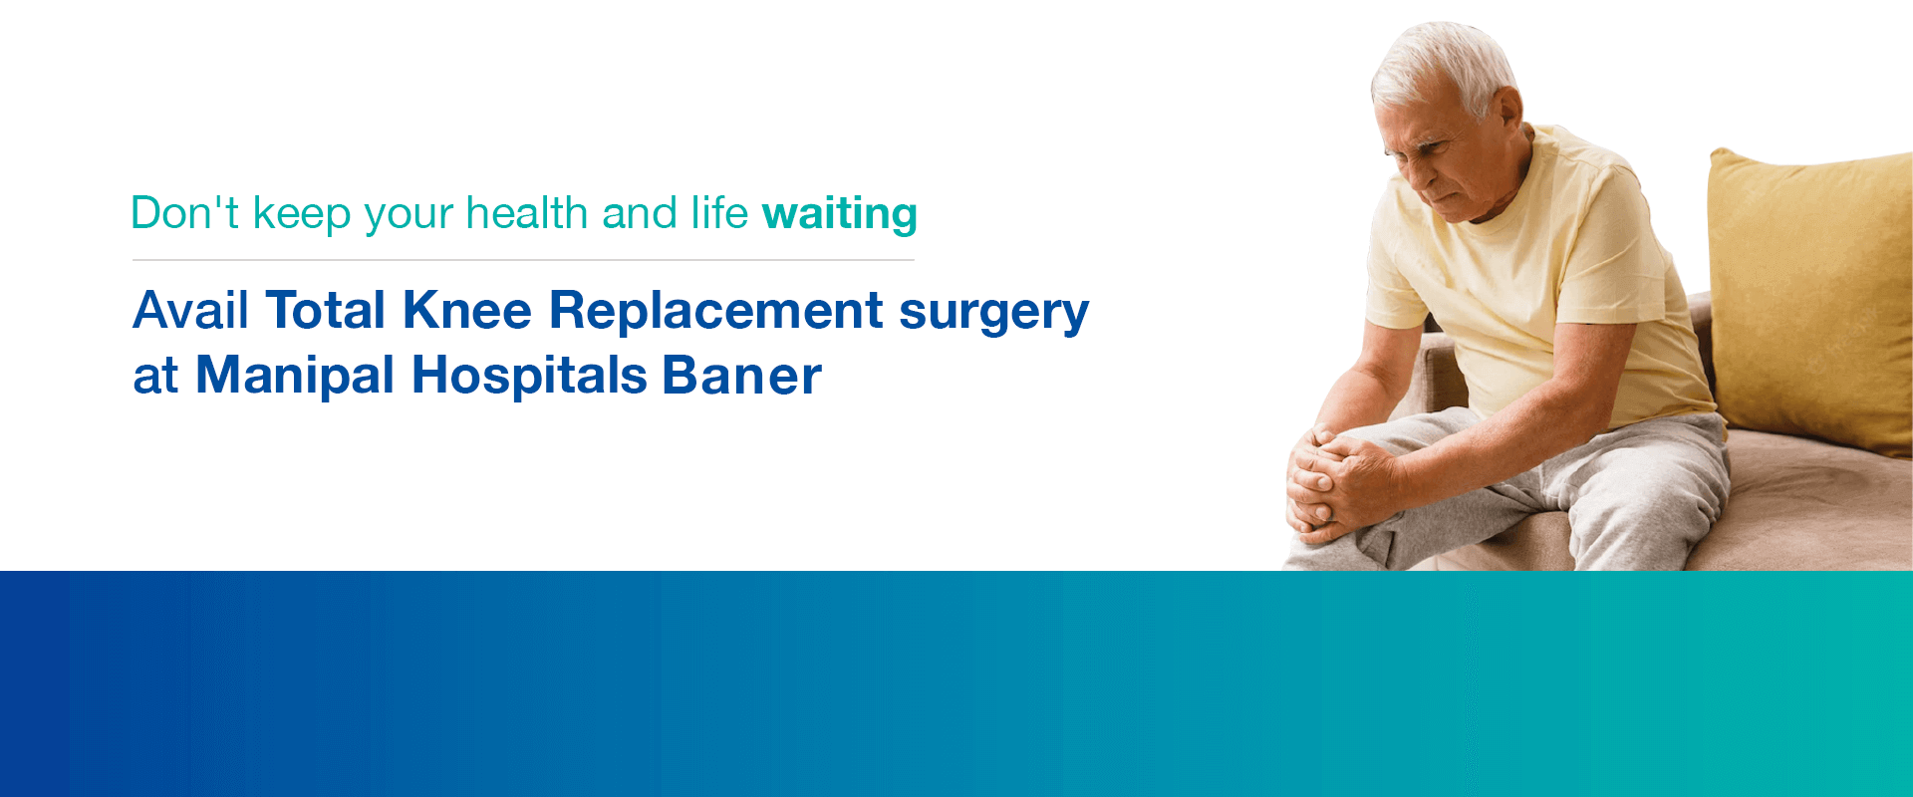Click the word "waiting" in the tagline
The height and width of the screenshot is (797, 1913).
(840, 214)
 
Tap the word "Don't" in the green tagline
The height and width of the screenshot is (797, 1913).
(185, 213)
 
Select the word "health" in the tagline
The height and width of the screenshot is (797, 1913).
(527, 213)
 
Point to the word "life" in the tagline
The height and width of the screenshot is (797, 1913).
(719, 212)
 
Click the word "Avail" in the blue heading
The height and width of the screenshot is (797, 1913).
(190, 310)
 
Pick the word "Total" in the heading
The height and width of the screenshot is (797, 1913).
(326, 310)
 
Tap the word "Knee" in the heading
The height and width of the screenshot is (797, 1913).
(467, 310)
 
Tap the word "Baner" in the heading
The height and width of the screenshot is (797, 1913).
(742, 377)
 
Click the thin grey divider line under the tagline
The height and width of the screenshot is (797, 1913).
(523, 260)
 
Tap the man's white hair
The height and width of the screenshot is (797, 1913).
(1445, 65)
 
